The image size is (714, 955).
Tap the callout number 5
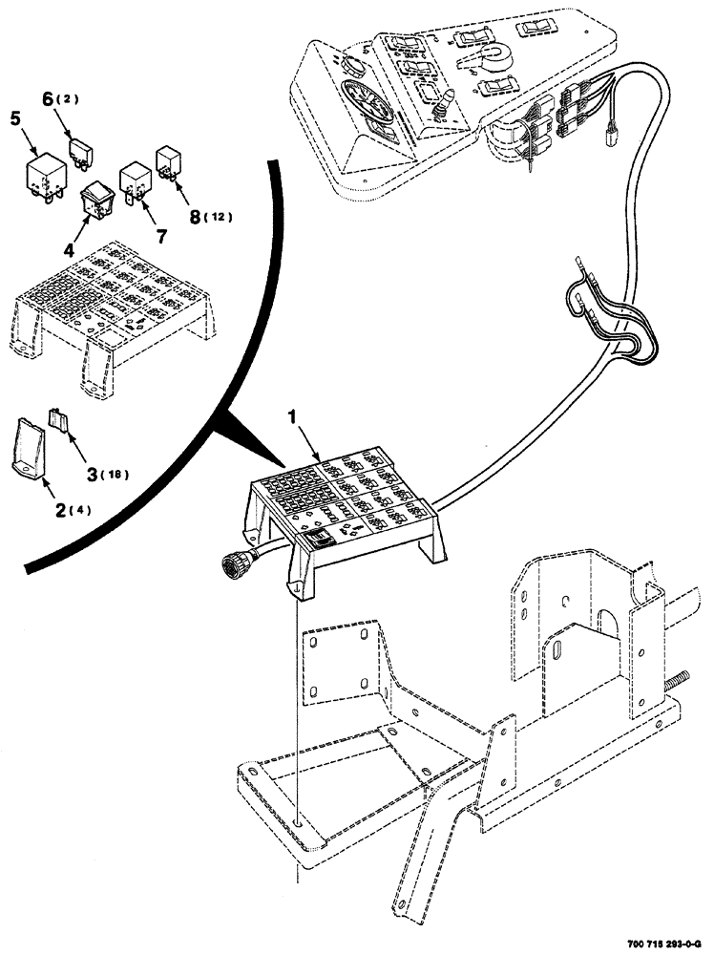click(15, 119)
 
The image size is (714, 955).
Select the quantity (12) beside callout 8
click(219, 217)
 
